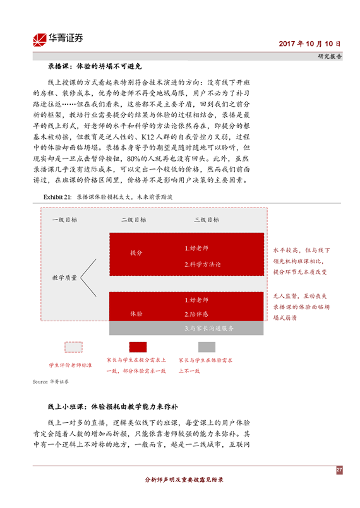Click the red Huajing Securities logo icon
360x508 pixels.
[x=40, y=40]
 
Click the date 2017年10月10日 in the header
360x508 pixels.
[x=309, y=44]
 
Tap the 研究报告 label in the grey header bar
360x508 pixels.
[x=330, y=56]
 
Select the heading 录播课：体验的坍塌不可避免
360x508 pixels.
[x=95, y=66]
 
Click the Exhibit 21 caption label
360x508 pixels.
[x=57, y=197]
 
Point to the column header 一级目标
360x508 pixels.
[x=65, y=220]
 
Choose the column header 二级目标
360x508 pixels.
[x=134, y=220]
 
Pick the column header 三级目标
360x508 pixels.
[x=207, y=220]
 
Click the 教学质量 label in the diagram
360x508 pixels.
[x=64, y=278]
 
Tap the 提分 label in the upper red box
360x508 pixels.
[x=136, y=252]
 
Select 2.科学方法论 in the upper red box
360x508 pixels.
[x=203, y=264]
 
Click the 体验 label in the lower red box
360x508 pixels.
[x=136, y=314]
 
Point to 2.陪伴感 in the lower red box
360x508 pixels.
[x=196, y=314]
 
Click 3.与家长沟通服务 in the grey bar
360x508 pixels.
[x=209, y=328]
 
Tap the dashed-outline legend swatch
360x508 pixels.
[x=74, y=347]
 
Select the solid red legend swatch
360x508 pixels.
[x=138, y=347]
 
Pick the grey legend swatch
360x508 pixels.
[x=207, y=347]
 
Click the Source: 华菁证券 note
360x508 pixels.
[x=51, y=382]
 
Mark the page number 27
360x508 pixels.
[x=339, y=470]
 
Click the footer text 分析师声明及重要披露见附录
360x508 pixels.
[x=184, y=480]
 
